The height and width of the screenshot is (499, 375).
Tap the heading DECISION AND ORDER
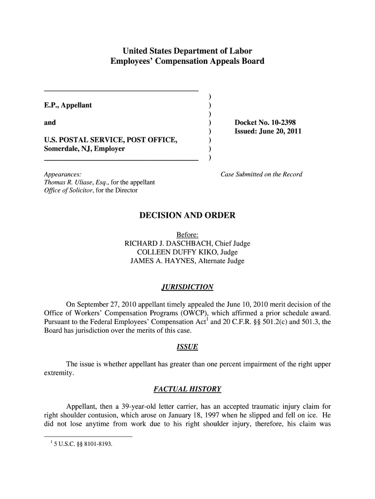click(187, 215)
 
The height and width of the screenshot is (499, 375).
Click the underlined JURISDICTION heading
click(187, 287)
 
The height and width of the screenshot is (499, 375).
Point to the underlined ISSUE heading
click(187, 347)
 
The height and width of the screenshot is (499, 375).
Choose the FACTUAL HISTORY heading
click(187, 389)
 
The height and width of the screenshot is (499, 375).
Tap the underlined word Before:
click(187, 235)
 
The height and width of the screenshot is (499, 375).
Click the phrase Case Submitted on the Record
click(262, 174)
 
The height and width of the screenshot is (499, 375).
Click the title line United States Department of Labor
click(187, 51)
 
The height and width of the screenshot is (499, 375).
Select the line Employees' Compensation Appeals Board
click(187, 61)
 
